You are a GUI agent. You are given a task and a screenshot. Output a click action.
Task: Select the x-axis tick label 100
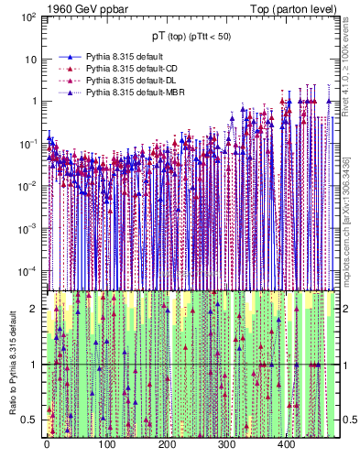106,445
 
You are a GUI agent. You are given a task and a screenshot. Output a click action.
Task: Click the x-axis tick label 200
167,445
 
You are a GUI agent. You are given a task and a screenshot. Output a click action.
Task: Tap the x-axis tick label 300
226,445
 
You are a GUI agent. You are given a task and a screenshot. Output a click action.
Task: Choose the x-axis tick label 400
286,445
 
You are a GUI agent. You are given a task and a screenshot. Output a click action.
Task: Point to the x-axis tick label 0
47,445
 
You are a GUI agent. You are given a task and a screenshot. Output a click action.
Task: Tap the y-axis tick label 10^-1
28,144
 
